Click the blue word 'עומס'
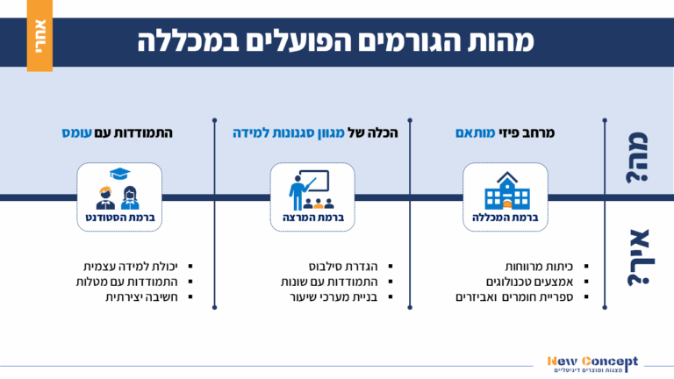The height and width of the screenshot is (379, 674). tap(78, 133)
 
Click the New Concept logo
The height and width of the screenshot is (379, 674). tap(593, 362)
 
